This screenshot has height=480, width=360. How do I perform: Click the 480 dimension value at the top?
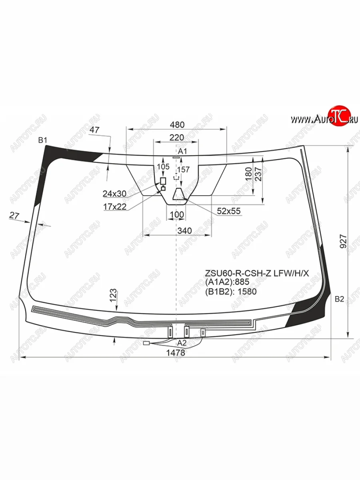176,124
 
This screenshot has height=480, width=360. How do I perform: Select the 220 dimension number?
176,138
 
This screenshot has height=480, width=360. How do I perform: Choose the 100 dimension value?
177,215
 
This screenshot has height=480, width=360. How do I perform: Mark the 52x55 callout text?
229,211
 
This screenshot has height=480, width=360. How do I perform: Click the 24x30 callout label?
114,194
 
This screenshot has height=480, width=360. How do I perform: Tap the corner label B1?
43,140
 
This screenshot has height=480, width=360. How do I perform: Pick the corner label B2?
339,299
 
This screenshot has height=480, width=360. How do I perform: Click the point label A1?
183,151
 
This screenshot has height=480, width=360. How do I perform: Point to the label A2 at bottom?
182,343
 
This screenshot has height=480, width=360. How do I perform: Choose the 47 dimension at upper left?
94,130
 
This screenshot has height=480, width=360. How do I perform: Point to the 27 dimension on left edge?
14,216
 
